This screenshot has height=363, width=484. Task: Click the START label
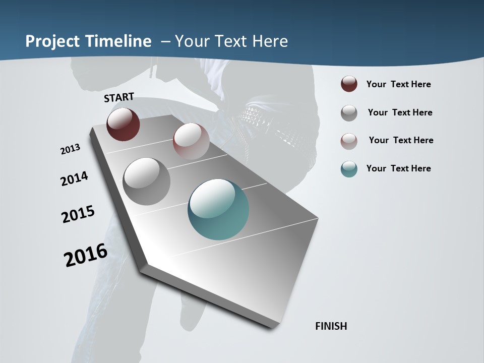click(x=119, y=97)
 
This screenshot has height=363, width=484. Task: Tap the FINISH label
click(x=331, y=326)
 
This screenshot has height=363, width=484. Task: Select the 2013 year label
click(x=71, y=149)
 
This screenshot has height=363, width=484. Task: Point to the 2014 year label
click(x=75, y=178)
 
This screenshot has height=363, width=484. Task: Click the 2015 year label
click(x=78, y=214)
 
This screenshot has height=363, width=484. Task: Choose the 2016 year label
click(x=86, y=255)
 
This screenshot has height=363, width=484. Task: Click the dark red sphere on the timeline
click(x=123, y=125)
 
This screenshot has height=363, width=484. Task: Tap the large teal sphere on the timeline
click(x=218, y=209)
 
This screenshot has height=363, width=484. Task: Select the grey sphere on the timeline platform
click(x=147, y=181)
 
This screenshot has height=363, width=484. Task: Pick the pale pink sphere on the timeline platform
click(x=191, y=141)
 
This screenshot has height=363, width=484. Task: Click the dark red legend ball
click(x=349, y=84)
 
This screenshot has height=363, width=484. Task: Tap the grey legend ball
click(x=349, y=113)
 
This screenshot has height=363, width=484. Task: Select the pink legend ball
click(x=349, y=141)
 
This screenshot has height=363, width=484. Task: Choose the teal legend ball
click(x=349, y=169)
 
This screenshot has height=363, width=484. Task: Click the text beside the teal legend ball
click(x=398, y=168)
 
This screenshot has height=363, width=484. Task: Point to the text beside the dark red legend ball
click(x=398, y=84)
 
